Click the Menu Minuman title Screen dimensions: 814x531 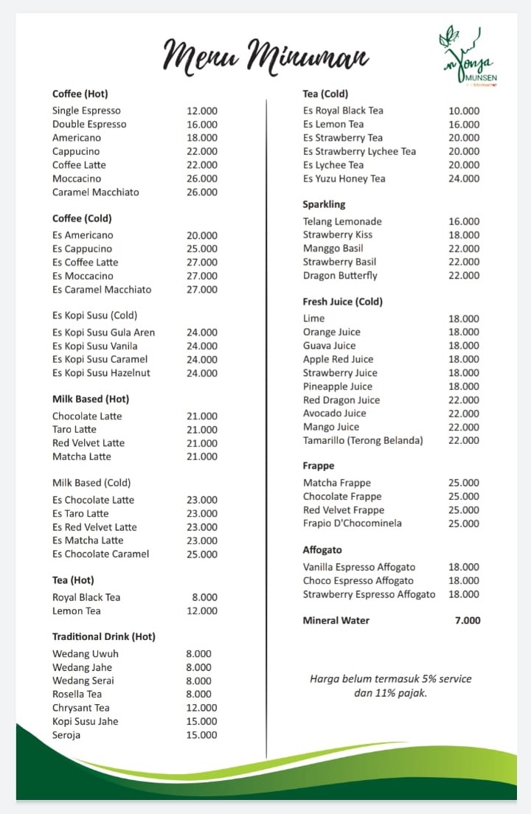[265, 56]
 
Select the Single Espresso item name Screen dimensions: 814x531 [86, 111]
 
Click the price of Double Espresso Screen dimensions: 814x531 [202, 125]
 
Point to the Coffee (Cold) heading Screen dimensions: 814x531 [82, 218]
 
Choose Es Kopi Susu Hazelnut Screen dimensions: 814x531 [101, 373]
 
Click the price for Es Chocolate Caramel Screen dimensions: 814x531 [202, 554]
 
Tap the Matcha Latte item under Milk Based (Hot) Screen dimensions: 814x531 [82, 457]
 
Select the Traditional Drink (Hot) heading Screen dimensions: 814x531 [104, 636]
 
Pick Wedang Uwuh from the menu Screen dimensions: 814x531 [86, 654]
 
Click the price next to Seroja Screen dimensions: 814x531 [202, 735]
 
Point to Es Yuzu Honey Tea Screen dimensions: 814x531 [344, 178]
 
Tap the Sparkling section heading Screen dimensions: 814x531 [324, 204]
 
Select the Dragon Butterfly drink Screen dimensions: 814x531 [340, 276]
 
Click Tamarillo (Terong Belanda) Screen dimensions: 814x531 [363, 441]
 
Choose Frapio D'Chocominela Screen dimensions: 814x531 [353, 523]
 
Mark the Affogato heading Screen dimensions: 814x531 [322, 550]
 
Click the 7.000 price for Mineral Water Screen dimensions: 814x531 [468, 621]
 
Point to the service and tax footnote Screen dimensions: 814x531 [390, 686]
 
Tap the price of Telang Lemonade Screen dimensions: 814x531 [464, 222]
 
